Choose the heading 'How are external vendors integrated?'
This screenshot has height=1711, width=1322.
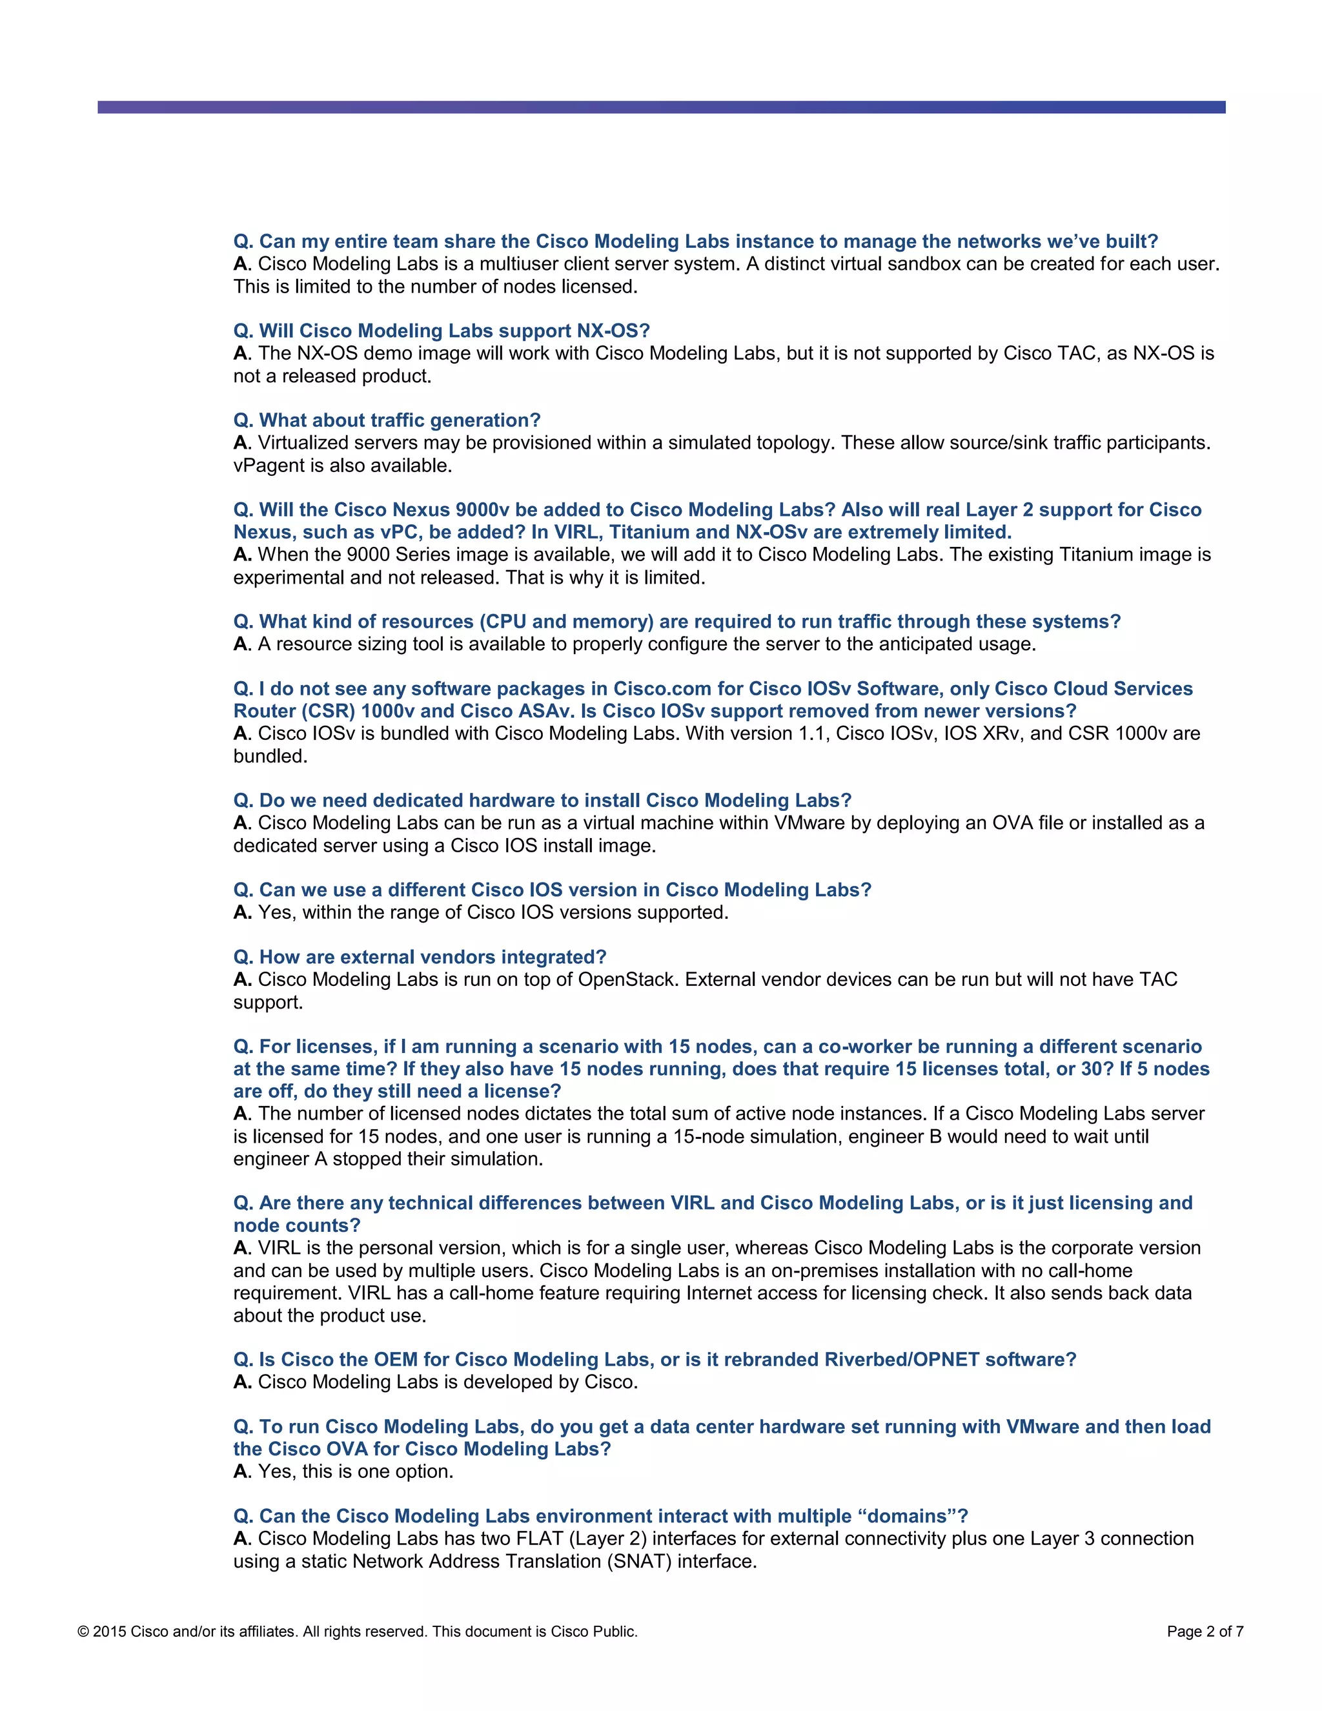(420, 957)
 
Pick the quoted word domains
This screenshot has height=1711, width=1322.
(907, 1516)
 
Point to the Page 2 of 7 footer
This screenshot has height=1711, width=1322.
(1205, 1632)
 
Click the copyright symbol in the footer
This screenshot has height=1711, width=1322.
(83, 1632)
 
